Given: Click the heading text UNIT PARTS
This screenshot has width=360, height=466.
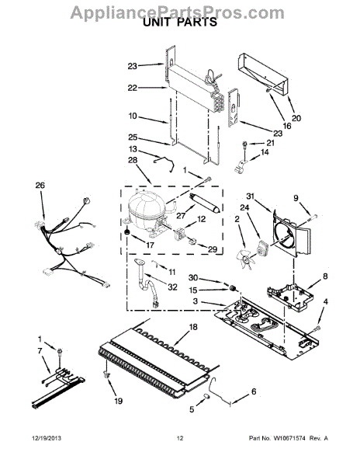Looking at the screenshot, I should click(179, 23).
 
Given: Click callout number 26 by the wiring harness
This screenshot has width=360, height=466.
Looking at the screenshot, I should click(40, 186).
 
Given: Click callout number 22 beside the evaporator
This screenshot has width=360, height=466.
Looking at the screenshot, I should click(132, 87).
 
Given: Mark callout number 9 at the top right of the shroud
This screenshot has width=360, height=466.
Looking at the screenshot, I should click(295, 196).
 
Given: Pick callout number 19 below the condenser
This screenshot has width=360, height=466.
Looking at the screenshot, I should click(118, 401).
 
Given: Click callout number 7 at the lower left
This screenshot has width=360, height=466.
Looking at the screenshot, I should click(40, 352).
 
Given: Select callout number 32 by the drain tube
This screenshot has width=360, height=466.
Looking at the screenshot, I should click(172, 287).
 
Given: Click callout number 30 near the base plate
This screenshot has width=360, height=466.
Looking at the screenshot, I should click(193, 277).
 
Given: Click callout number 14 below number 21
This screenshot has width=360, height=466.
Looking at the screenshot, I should click(265, 153).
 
